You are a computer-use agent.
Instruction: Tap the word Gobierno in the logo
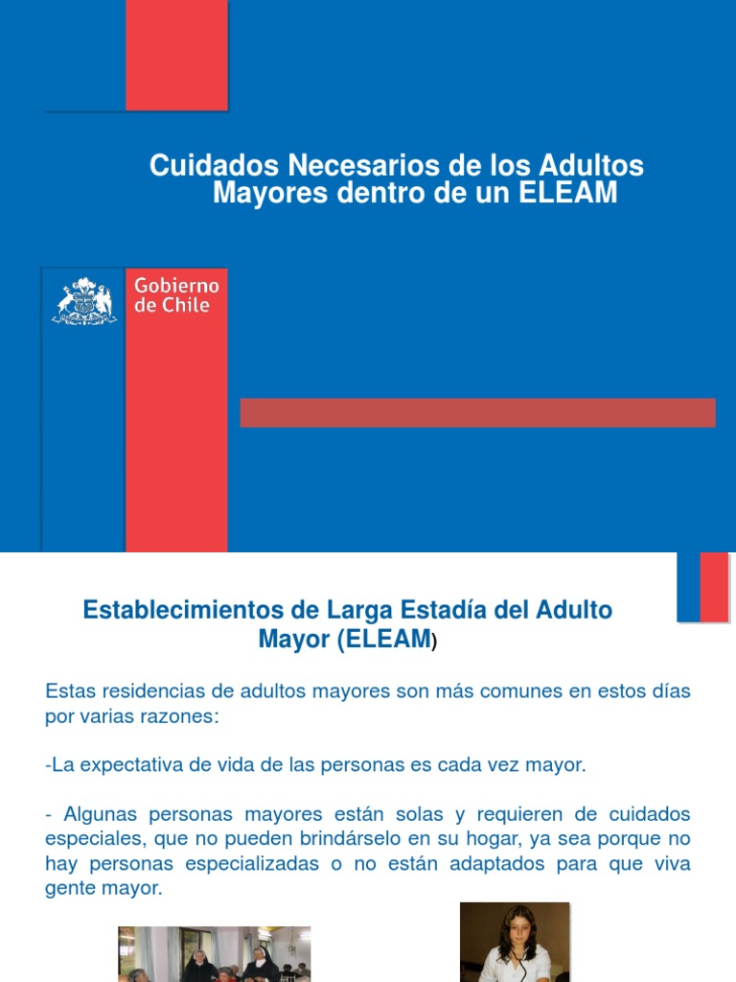click(x=176, y=287)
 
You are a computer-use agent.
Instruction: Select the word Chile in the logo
click(x=185, y=306)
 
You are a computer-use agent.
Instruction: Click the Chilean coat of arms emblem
click(x=83, y=300)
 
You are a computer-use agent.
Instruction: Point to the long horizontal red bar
click(x=477, y=412)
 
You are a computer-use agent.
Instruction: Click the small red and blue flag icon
click(x=703, y=587)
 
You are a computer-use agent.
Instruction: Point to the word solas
click(x=410, y=814)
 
